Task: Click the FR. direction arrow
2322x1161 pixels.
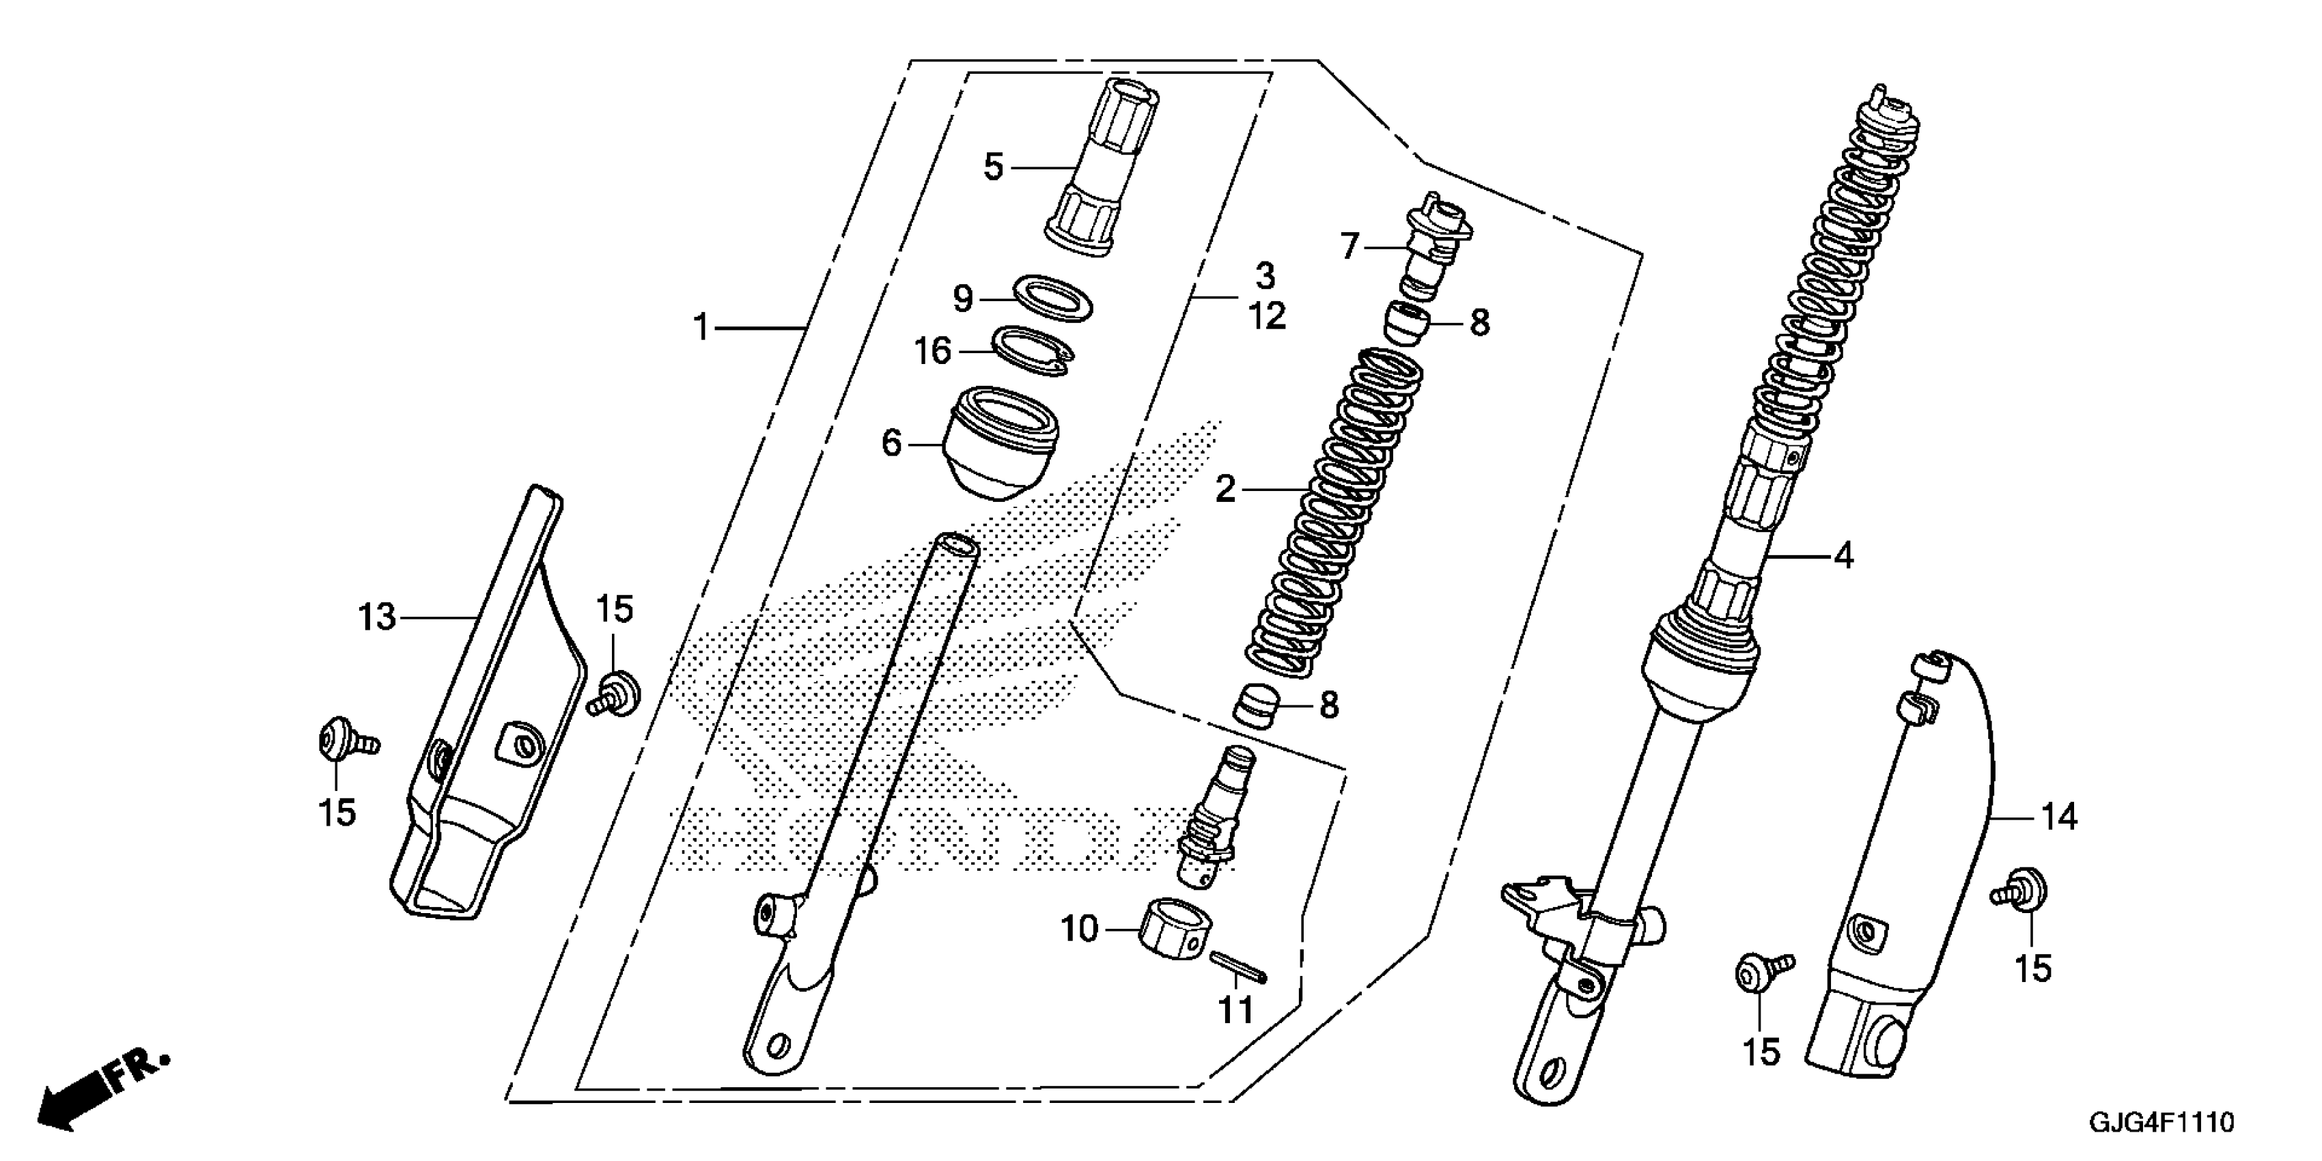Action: coord(99,1091)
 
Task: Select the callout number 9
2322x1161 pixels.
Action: coord(963,298)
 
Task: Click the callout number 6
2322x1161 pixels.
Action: coord(891,443)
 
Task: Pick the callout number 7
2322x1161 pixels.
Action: coord(1349,246)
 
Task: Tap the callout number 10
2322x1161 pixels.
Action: coord(1079,928)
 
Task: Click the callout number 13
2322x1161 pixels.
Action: coord(377,617)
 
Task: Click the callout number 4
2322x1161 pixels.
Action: coord(1844,556)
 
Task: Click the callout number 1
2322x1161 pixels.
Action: coord(701,327)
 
